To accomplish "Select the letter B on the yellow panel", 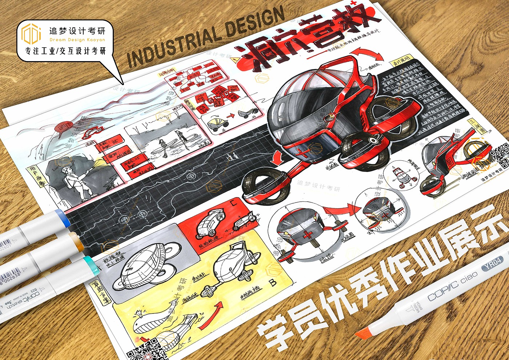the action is [272, 282].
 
